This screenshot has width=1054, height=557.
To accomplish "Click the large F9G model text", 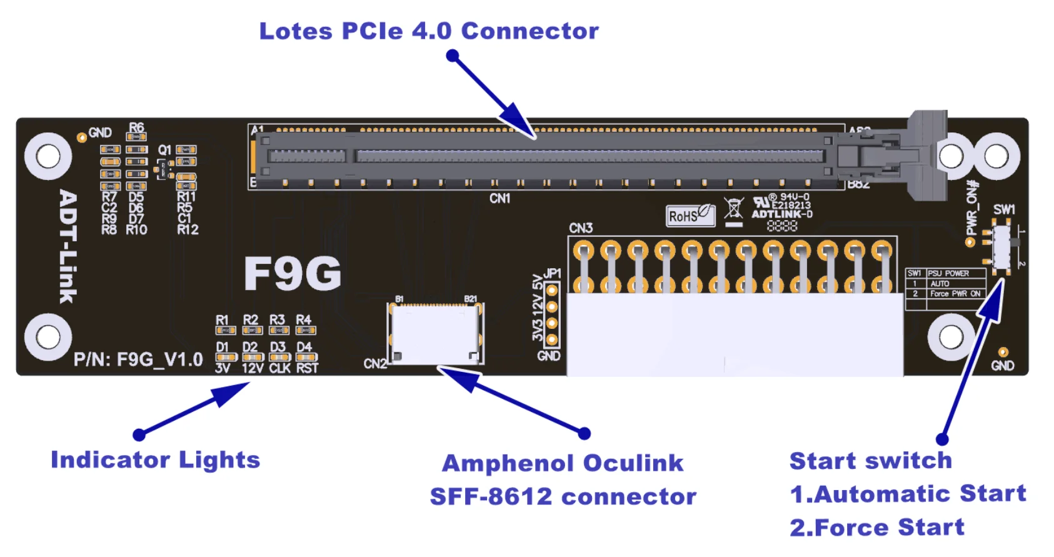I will [293, 274].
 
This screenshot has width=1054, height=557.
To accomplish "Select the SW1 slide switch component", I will [1001, 246].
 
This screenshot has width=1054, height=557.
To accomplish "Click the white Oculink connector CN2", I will [436, 333].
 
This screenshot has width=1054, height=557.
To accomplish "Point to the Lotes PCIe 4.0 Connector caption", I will [429, 31].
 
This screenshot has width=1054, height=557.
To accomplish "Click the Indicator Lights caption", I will [155, 460].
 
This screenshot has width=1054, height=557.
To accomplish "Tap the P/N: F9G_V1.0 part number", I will [138, 359].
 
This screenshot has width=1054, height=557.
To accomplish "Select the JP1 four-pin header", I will [551, 315].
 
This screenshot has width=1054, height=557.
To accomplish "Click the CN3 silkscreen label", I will [581, 228].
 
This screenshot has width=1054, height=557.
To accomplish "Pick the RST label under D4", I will [307, 368].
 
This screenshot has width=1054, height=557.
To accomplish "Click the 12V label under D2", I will [252, 368].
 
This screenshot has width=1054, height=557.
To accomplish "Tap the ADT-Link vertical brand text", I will [68, 246].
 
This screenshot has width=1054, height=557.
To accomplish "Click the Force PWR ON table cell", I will [955, 294].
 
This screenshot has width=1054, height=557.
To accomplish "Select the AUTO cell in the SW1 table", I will [940, 284].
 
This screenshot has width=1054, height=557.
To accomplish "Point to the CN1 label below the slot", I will [499, 199].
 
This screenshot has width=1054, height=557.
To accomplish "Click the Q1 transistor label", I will [164, 150].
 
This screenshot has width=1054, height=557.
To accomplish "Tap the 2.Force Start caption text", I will [876, 528].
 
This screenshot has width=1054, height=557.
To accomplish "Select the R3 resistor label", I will [277, 320].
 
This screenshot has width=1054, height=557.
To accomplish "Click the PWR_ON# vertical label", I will [972, 208].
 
